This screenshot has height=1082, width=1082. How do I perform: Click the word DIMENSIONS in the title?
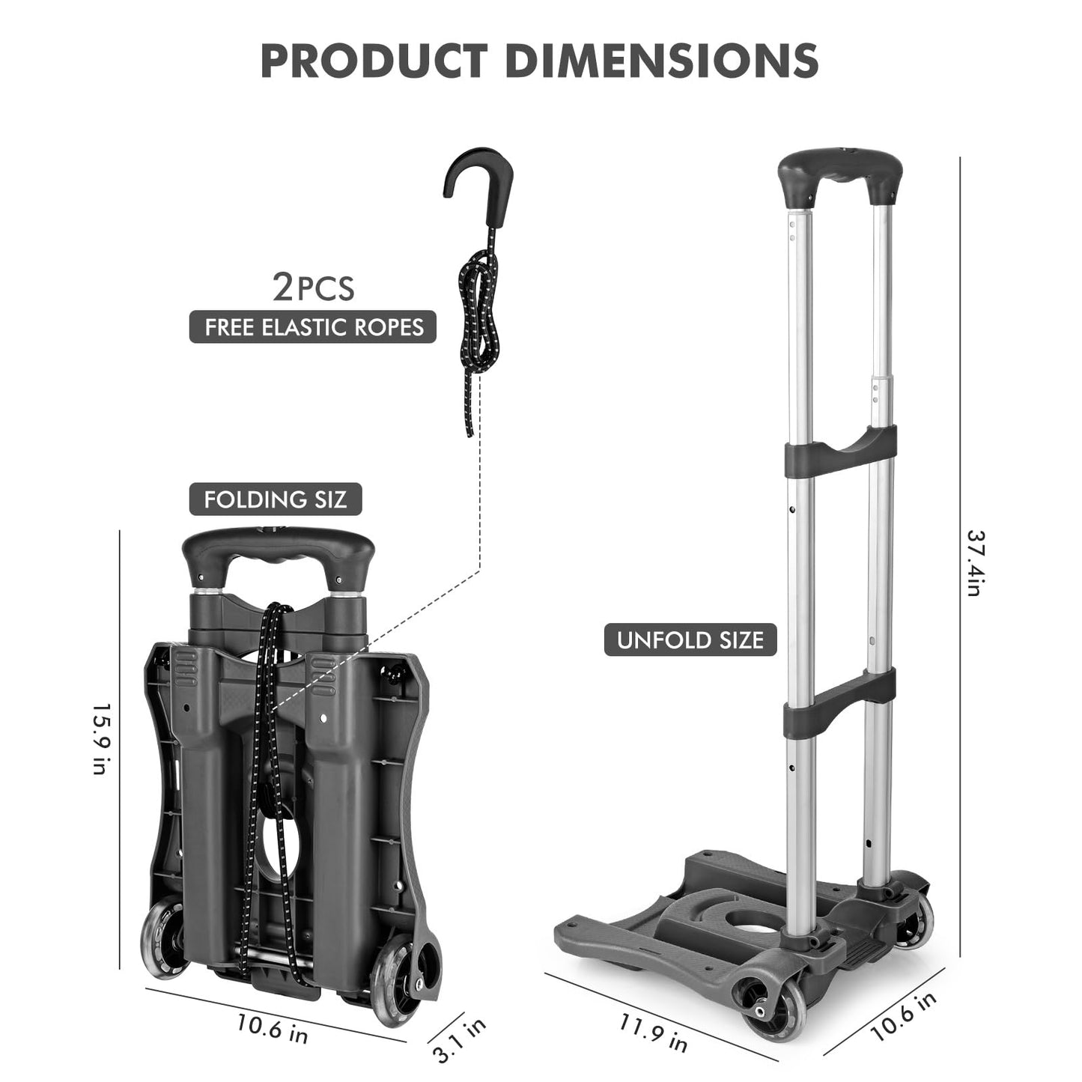pyautogui.click(x=662, y=61)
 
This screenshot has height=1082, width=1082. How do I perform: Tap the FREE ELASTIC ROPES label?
pyautogui.click(x=313, y=327)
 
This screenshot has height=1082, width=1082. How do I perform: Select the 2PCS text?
pyautogui.click(x=313, y=288)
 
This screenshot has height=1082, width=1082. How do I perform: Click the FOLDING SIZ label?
pyautogui.click(x=276, y=499)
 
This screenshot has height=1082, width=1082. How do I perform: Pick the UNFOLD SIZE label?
pyautogui.click(x=690, y=640)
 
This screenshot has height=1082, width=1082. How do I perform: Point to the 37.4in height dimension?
pyautogui.click(x=974, y=563)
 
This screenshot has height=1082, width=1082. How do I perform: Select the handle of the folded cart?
pyautogui.click(x=278, y=553)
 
